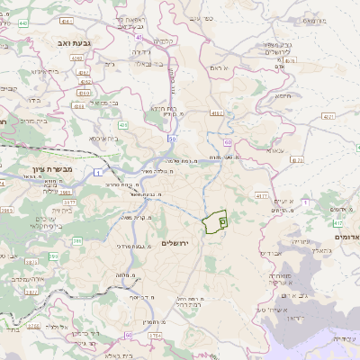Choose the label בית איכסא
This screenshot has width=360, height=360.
coord(104,139)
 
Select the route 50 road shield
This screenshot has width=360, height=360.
coord(171,139)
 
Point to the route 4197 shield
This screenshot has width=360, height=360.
coord(218,113)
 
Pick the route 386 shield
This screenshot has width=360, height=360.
coord(77,240)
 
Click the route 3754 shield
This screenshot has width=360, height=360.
coord(155,336)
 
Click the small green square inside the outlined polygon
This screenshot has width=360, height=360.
coord(222,220)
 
